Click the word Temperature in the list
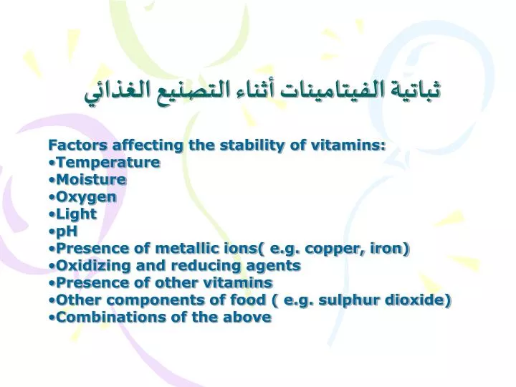[108, 163]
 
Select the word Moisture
[91, 180]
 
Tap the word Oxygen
[86, 198]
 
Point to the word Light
[77, 214]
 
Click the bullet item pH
[67, 231]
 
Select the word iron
[388, 249]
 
